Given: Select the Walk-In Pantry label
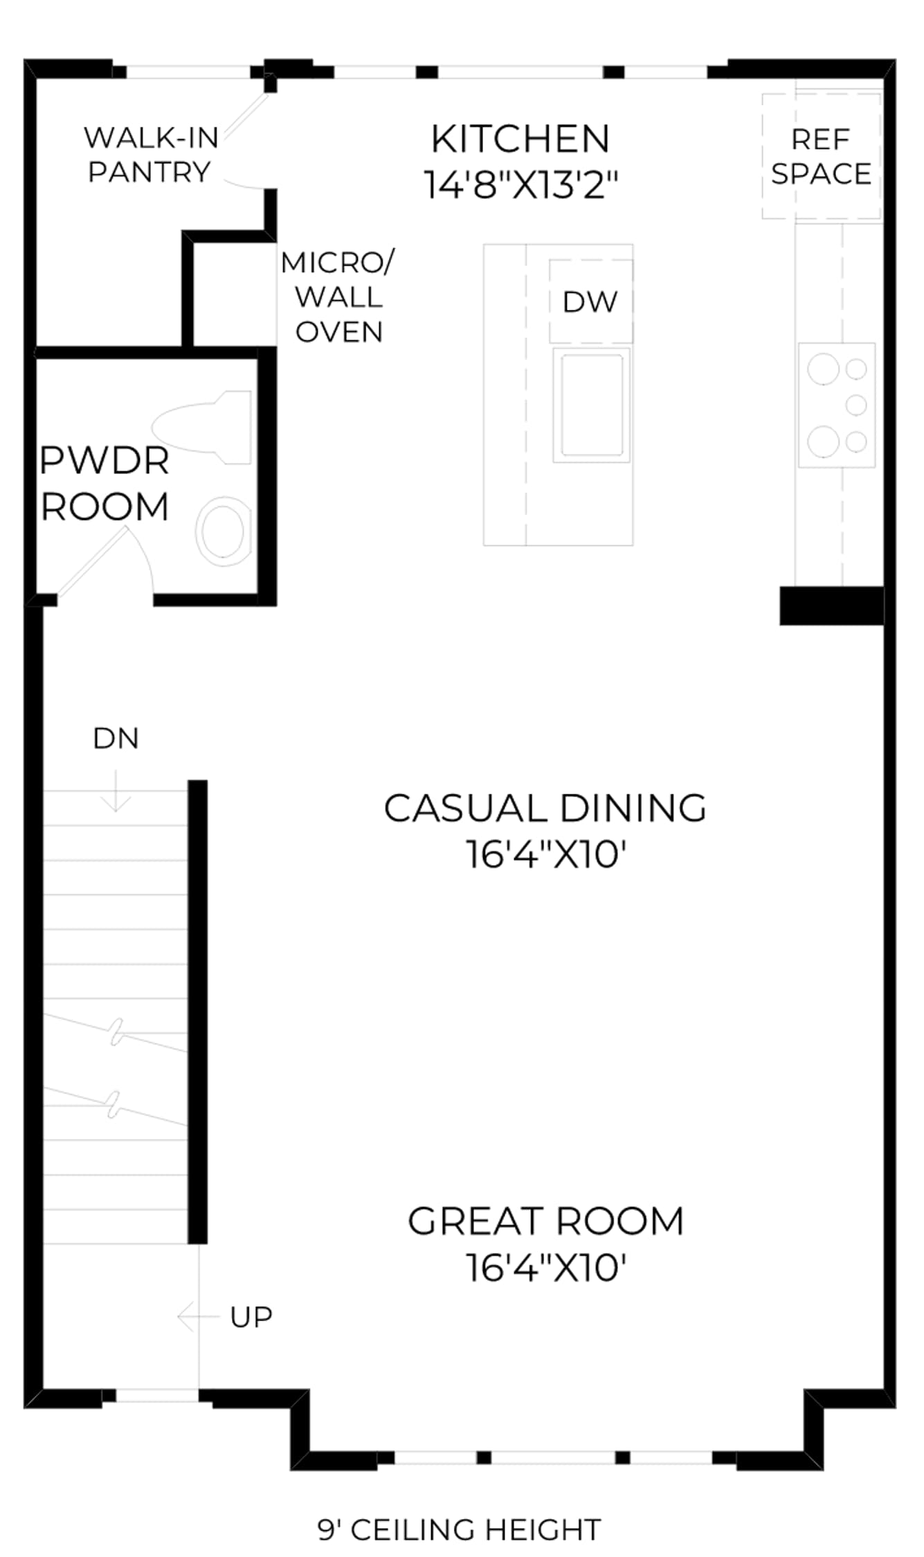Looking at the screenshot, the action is tap(151, 154).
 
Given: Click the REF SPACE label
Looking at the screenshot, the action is tap(821, 156).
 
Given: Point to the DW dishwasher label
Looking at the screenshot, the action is tap(590, 302).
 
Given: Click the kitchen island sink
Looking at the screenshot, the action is tap(591, 405).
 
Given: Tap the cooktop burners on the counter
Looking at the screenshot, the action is tap(837, 405).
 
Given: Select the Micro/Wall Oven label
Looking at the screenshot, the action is tap(338, 297).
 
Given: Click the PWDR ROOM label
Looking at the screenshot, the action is tap(105, 483).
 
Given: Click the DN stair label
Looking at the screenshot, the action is tap(116, 738).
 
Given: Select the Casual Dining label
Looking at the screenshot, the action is tap(545, 808).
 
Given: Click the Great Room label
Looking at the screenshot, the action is tap(545, 1221).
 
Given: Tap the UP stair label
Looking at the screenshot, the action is tap(251, 1317).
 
